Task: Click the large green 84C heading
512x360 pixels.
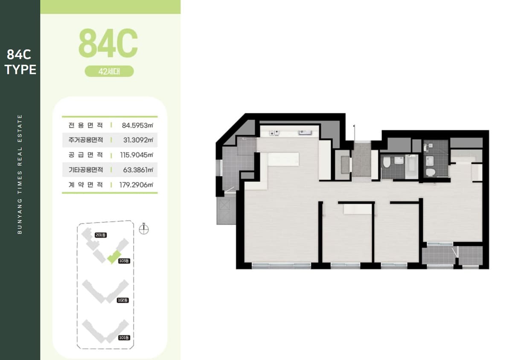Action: pyautogui.click(x=108, y=43)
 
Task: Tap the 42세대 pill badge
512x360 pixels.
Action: pyautogui.click(x=109, y=71)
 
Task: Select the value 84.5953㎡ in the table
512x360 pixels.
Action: pyautogui.click(x=137, y=125)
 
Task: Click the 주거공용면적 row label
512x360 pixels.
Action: pyautogui.click(x=86, y=140)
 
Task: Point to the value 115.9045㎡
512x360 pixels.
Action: pyautogui.click(x=137, y=155)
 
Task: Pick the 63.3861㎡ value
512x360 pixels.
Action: pyautogui.click(x=138, y=170)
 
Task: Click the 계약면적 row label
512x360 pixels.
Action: pyautogui.click(x=86, y=185)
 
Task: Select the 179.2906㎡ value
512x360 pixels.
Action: pyautogui.click(x=136, y=185)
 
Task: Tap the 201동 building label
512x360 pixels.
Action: pyautogui.click(x=101, y=235)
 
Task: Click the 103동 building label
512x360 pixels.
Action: pyautogui.click(x=124, y=261)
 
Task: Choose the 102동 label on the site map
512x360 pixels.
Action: pyautogui.click(x=123, y=300)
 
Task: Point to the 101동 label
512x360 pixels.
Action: pyautogui.click(x=124, y=338)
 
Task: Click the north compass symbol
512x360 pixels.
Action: pyautogui.click(x=144, y=229)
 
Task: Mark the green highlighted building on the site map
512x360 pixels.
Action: pyautogui.click(x=114, y=257)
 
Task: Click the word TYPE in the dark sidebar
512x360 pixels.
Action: pyautogui.click(x=20, y=70)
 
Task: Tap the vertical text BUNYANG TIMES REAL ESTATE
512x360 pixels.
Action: pyautogui.click(x=20, y=174)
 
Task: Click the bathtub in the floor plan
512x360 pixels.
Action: pyautogui.click(x=411, y=167)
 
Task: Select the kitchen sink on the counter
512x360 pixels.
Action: pyautogui.click(x=305, y=132)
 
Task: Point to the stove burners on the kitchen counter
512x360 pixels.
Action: pyautogui.click(x=274, y=133)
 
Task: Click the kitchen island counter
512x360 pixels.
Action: pyautogui.click(x=283, y=159)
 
